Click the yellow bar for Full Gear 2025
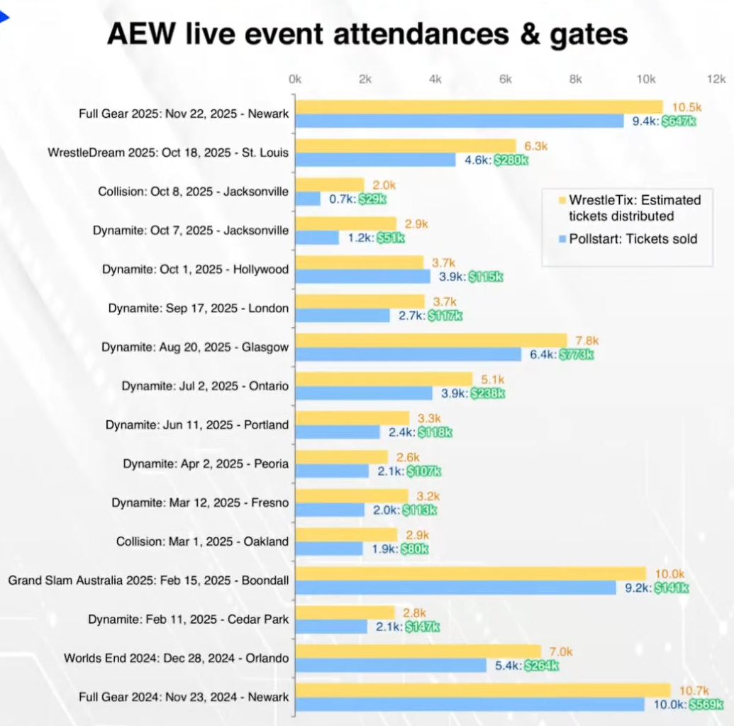click(479, 107)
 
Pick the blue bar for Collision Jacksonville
click(308, 199)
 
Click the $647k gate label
click(679, 121)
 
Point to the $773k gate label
click(576, 354)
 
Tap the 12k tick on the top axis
click(716, 79)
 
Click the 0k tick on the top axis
click(295, 79)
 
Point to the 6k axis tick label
click(506, 79)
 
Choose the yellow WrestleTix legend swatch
click(562, 199)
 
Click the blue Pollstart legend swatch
click(562, 239)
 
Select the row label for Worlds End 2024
click(176, 658)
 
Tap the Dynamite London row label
click(199, 309)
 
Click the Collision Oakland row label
click(202, 541)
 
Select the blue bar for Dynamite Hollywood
click(362, 277)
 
